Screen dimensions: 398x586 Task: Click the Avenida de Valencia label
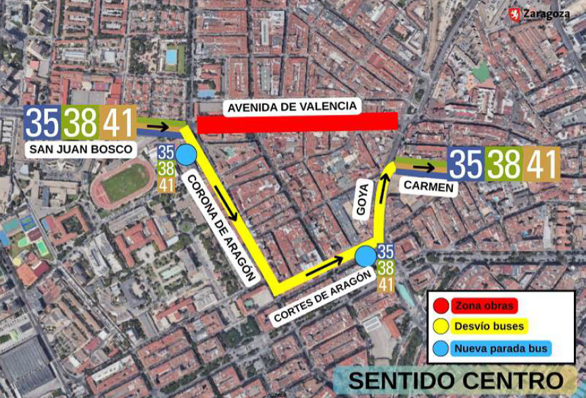[x=291, y=107]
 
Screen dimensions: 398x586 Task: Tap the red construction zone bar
[x=297, y=122]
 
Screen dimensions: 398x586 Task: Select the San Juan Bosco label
[x=80, y=149]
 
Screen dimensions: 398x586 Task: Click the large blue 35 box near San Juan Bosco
[x=42, y=124]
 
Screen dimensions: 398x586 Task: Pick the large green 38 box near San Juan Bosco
[x=80, y=124]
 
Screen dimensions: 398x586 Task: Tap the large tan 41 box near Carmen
[x=541, y=164]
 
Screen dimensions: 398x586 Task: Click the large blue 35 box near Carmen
[x=466, y=164]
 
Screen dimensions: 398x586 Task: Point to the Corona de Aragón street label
[x=220, y=227]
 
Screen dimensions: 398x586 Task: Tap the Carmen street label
[x=429, y=186]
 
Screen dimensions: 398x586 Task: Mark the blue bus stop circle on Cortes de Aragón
[x=366, y=256]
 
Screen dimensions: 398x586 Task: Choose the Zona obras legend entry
[x=483, y=305]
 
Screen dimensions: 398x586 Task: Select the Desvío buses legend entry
[x=489, y=326]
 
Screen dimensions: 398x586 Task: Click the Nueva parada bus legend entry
[x=502, y=349]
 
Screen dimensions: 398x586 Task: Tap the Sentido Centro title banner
[x=456, y=380]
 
